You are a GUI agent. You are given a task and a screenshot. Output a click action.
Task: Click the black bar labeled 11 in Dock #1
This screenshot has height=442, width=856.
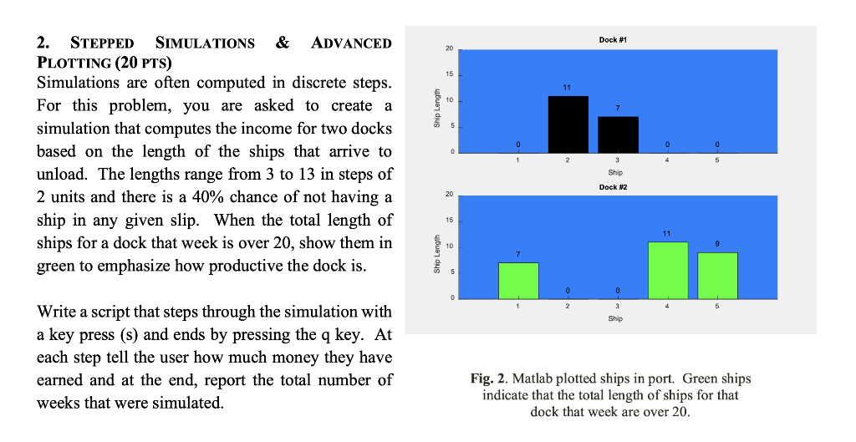tap(568, 124)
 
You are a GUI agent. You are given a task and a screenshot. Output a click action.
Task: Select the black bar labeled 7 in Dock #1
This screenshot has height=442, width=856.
tap(618, 135)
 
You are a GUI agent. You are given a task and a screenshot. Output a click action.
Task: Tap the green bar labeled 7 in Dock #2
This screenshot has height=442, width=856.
tap(518, 281)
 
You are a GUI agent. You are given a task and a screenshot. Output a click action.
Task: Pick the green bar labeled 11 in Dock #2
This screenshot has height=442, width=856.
tap(668, 271)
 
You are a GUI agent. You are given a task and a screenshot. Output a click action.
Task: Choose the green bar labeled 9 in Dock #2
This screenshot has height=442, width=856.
tap(717, 276)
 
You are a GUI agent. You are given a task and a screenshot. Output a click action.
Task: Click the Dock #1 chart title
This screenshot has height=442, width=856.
tap(613, 40)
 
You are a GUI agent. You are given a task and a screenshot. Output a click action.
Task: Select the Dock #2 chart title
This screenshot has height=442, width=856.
tap(613, 187)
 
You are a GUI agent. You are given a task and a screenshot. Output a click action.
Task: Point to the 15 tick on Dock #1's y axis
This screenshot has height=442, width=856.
tap(449, 74)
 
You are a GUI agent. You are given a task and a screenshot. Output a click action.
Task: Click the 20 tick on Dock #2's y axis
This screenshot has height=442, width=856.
tap(449, 195)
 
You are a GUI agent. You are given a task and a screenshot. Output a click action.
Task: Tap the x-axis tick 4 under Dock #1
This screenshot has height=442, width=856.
tap(667, 160)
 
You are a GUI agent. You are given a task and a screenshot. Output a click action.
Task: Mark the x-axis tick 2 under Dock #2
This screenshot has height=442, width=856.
tap(568, 307)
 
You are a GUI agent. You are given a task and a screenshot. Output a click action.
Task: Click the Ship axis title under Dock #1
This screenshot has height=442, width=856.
tap(615, 172)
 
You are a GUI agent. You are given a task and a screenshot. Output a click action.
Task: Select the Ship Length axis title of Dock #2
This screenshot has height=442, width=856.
tap(436, 254)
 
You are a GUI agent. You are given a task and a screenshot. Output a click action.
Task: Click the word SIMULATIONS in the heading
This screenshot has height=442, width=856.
tap(205, 43)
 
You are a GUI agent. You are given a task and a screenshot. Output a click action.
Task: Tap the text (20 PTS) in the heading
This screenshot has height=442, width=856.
tap(143, 63)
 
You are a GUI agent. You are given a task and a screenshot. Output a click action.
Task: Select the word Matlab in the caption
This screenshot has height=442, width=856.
tap(533, 378)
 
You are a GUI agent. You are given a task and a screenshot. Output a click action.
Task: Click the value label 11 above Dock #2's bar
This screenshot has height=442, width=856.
tap(666, 234)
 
